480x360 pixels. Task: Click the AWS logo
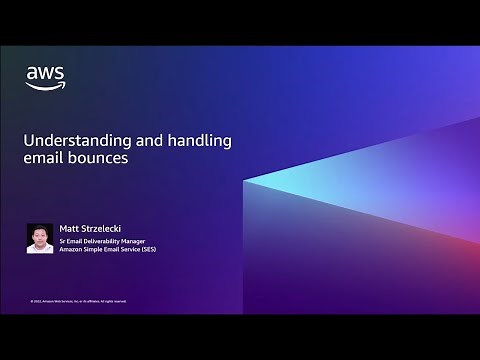click(x=45, y=77)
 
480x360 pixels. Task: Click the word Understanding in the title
click(x=68, y=142)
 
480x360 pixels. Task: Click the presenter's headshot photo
click(x=39, y=237)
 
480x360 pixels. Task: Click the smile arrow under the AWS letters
click(x=45, y=86)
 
